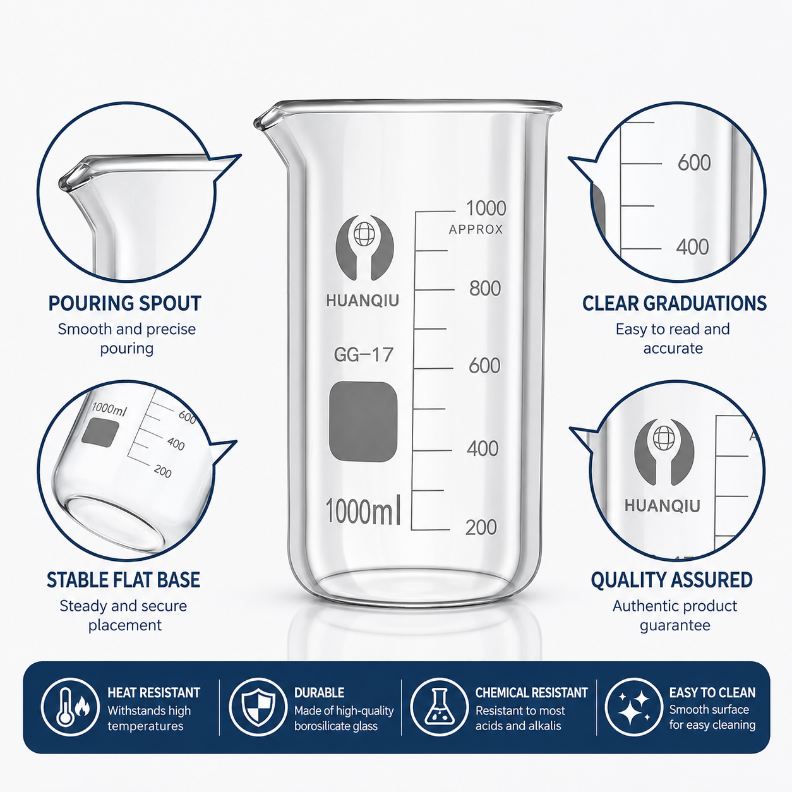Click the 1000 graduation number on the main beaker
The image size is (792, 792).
486,208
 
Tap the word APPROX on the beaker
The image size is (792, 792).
476,229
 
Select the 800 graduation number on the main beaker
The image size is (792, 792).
485,288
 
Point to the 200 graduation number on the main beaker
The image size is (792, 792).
481,527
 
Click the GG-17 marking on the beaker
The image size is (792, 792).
364,355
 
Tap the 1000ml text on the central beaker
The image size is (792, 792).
363,512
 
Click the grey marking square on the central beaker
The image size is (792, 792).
363,422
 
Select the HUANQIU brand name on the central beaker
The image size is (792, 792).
363,301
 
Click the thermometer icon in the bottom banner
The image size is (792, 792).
66,707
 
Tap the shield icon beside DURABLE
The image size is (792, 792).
258,707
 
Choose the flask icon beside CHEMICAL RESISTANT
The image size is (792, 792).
439,707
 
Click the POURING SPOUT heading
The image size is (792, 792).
125,304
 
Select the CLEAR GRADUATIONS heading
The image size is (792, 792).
675,304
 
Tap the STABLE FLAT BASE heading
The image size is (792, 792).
123,580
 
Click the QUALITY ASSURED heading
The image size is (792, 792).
671,580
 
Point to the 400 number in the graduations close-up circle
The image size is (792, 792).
693,247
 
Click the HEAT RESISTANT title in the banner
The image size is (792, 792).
153,693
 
